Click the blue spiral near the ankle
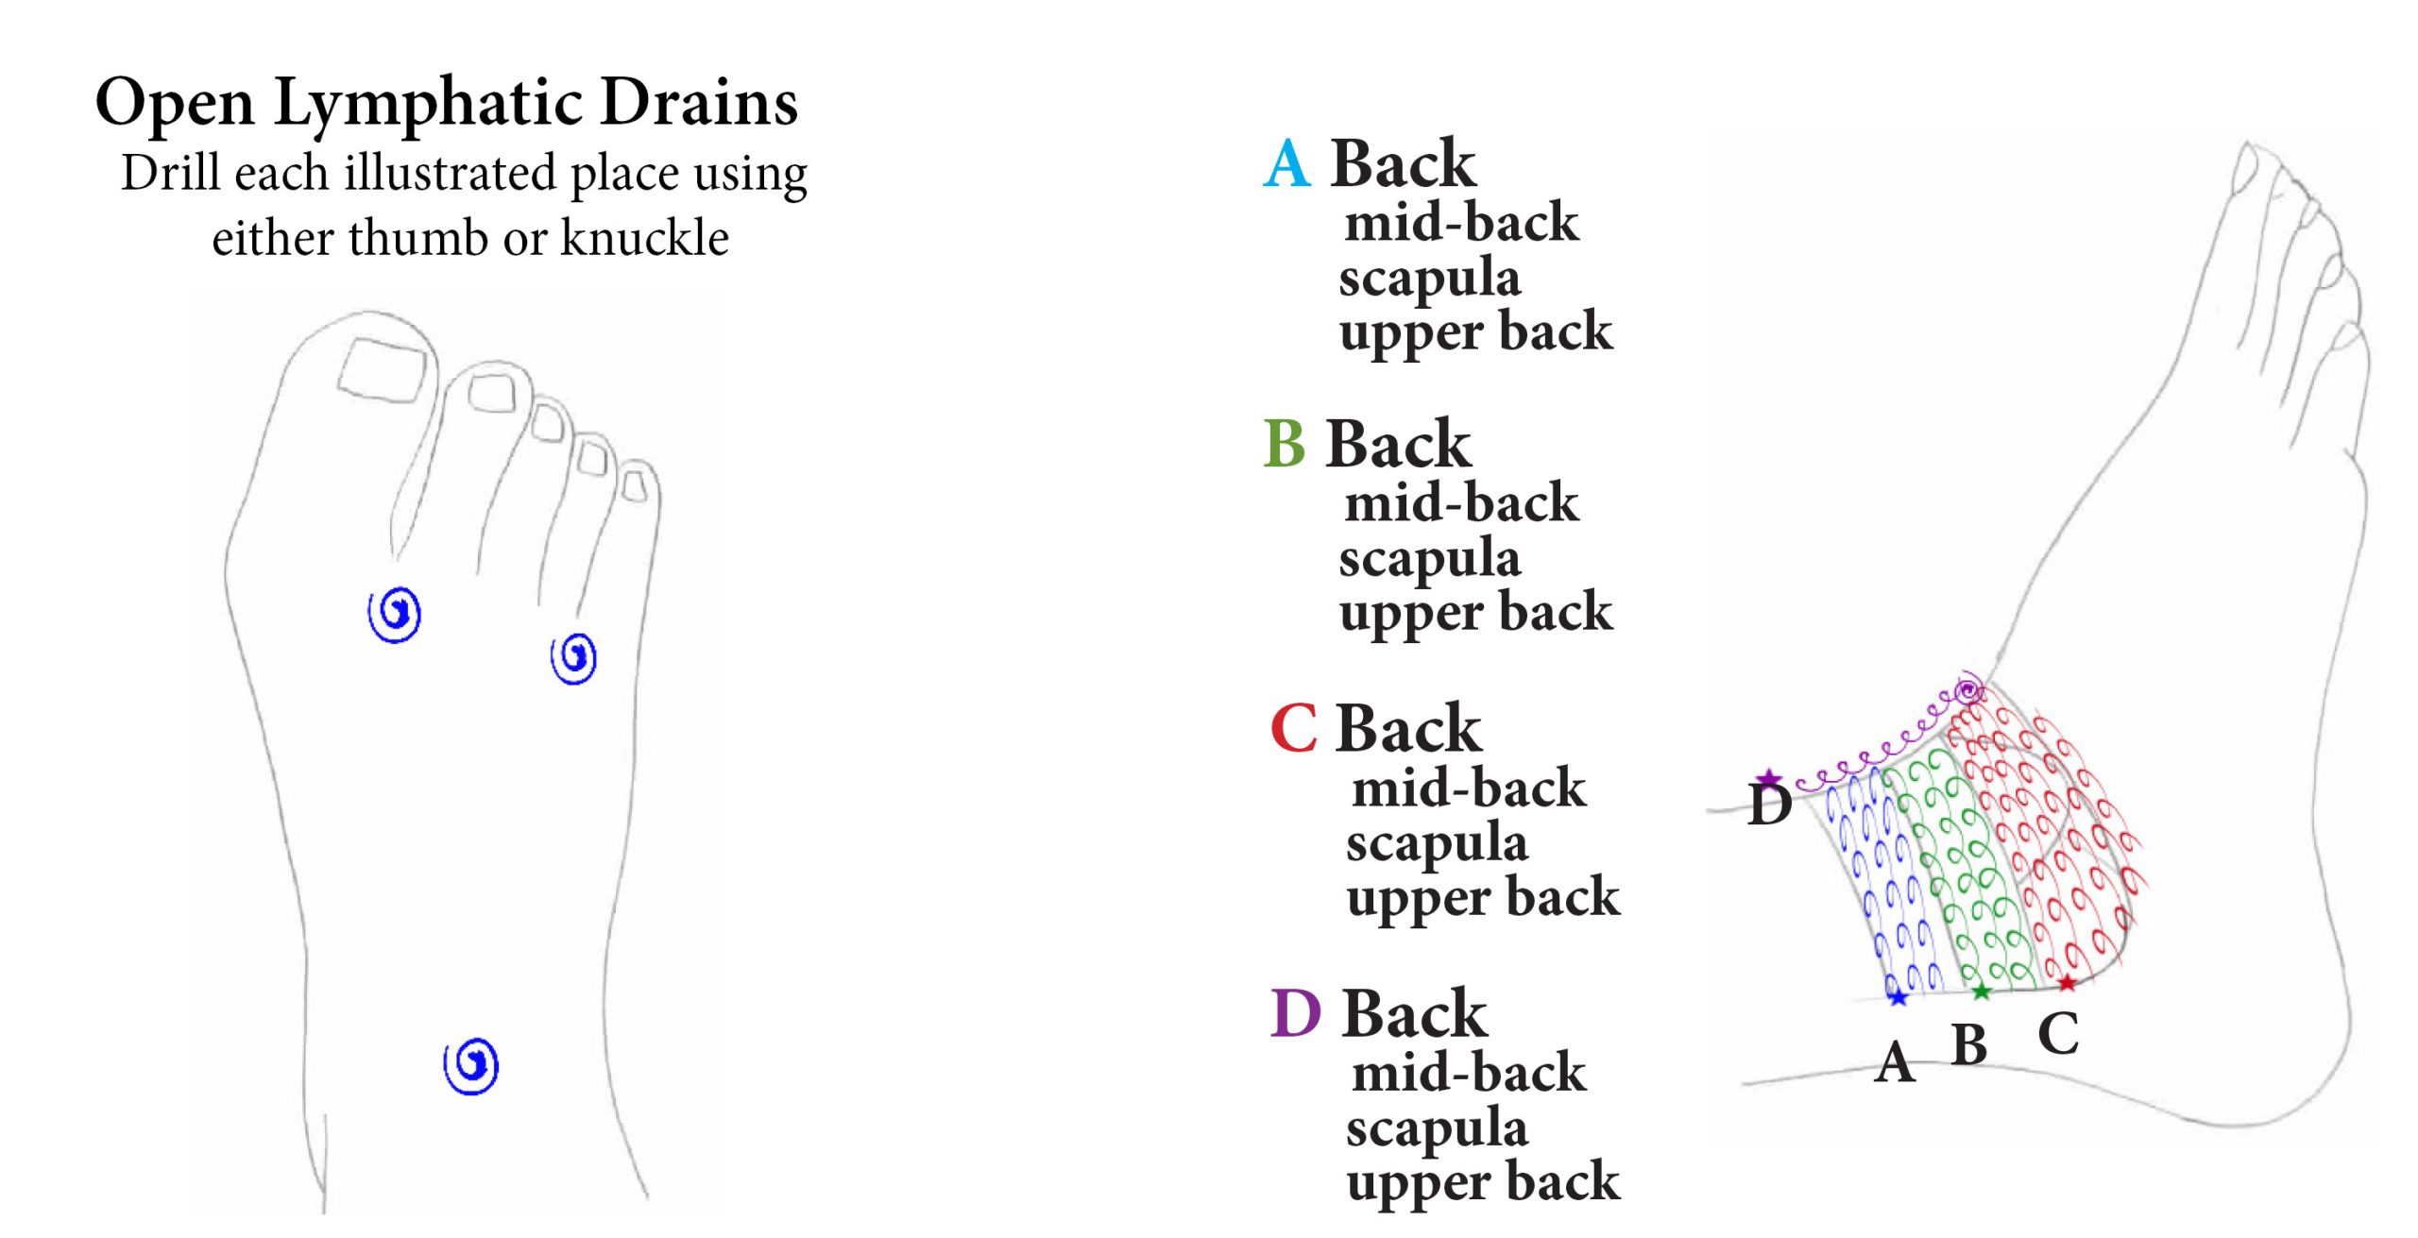(471, 1066)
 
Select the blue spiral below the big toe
(395, 614)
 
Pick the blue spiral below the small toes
(573, 657)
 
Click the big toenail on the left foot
(383, 371)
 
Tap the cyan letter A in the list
(1286, 164)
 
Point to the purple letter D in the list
(1295, 1014)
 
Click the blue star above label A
(1898, 996)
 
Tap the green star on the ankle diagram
(1982, 992)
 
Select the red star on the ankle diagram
(2067, 984)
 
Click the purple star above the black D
(1769, 779)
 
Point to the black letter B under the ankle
(1969, 1045)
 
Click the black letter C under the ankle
(2058, 1034)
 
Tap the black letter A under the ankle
(1895, 1063)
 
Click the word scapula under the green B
(1429, 559)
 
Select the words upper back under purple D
(1483, 1182)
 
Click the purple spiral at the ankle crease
(1968, 690)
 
